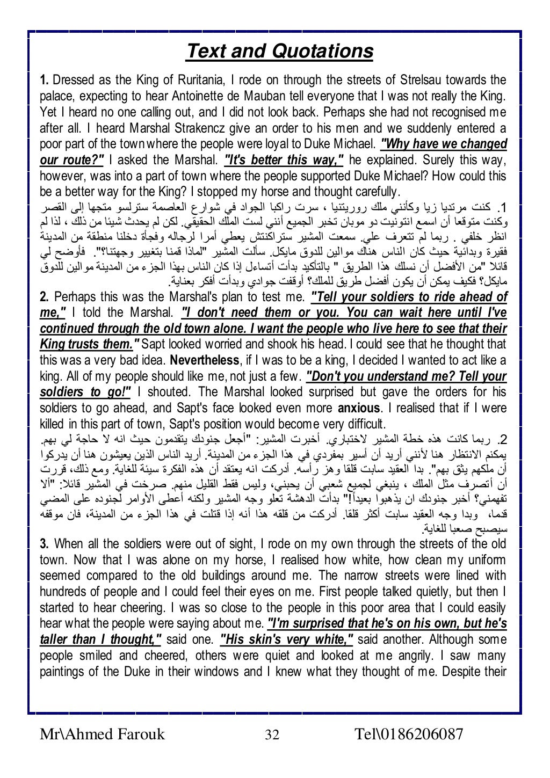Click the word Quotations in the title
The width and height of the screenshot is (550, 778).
[x=322, y=52]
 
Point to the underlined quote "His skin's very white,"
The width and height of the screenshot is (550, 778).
[x=287, y=639]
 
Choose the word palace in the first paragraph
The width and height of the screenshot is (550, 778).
[x=55, y=97]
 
